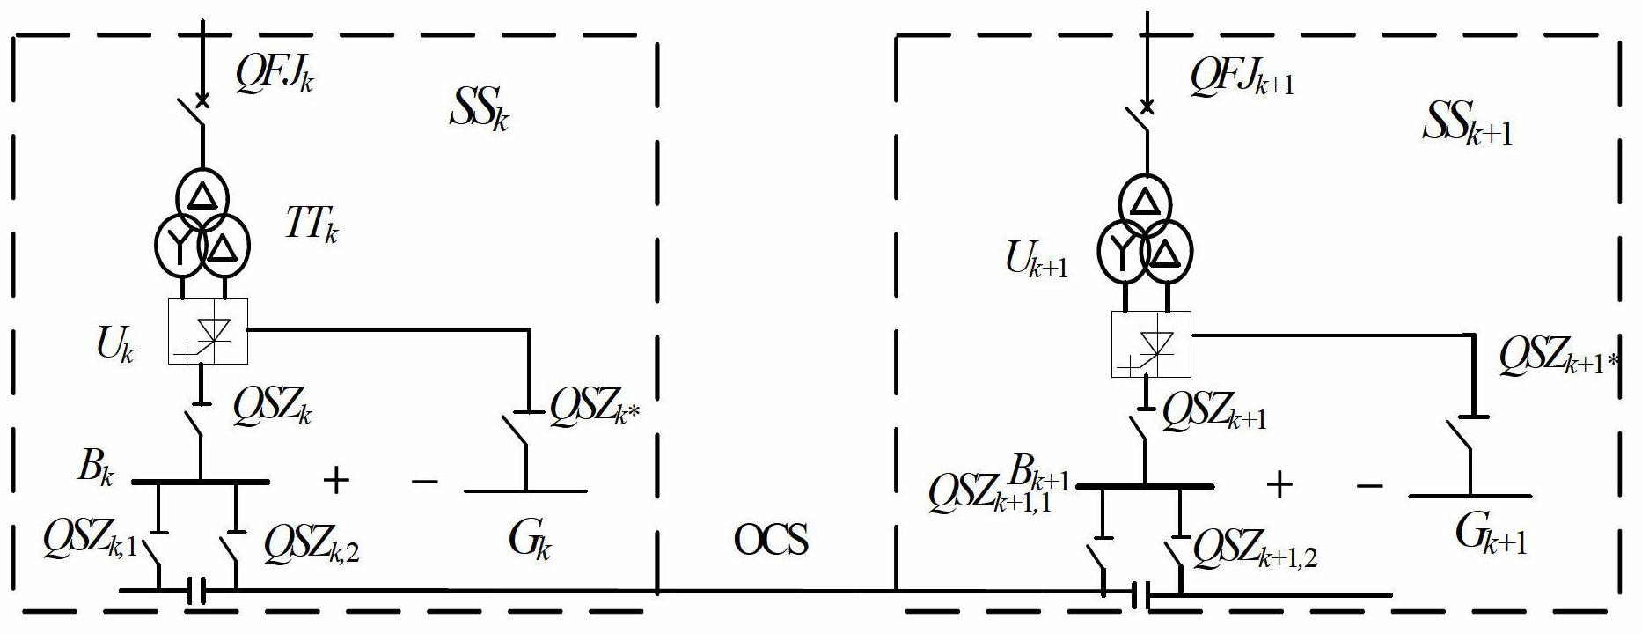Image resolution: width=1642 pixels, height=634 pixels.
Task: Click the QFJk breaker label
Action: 274,75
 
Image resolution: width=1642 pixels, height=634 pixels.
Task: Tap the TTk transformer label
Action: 312,226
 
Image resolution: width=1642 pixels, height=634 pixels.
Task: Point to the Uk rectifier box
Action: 208,331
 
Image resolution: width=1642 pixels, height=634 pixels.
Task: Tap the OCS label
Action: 771,539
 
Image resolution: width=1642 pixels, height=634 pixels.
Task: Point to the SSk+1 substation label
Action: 1467,129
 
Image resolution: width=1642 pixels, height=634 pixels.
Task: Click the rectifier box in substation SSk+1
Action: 1151,344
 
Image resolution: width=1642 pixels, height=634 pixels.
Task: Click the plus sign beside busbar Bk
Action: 335,480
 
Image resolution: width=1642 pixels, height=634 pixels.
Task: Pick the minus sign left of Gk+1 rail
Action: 1370,485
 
